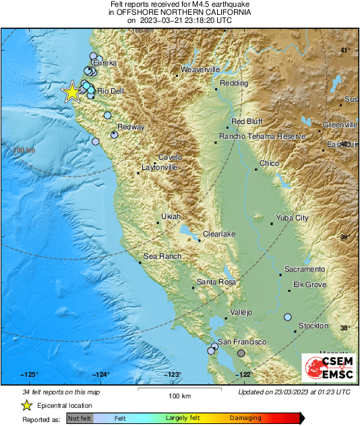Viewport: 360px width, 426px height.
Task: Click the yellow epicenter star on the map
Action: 71,92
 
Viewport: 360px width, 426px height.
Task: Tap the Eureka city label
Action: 104,63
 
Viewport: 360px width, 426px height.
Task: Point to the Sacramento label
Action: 305,269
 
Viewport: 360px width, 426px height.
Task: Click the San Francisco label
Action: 241,342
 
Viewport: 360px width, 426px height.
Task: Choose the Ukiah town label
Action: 171,216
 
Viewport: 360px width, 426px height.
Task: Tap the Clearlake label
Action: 219,233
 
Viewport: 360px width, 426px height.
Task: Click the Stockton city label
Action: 313,326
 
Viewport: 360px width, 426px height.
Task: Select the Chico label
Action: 269,163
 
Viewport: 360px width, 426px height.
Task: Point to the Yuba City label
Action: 292,218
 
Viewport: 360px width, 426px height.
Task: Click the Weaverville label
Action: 201,69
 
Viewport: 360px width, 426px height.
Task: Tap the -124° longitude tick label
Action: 101,375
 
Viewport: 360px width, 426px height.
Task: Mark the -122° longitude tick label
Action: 243,375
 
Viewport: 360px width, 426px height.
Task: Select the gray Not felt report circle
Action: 241,353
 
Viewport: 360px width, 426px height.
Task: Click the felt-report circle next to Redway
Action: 115,135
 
